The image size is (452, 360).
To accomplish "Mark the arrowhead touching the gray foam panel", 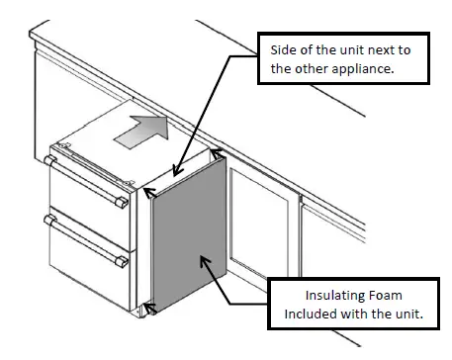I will point(204,259).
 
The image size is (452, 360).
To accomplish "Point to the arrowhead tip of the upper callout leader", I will point(173,175).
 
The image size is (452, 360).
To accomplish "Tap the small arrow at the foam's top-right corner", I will point(217,155).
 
